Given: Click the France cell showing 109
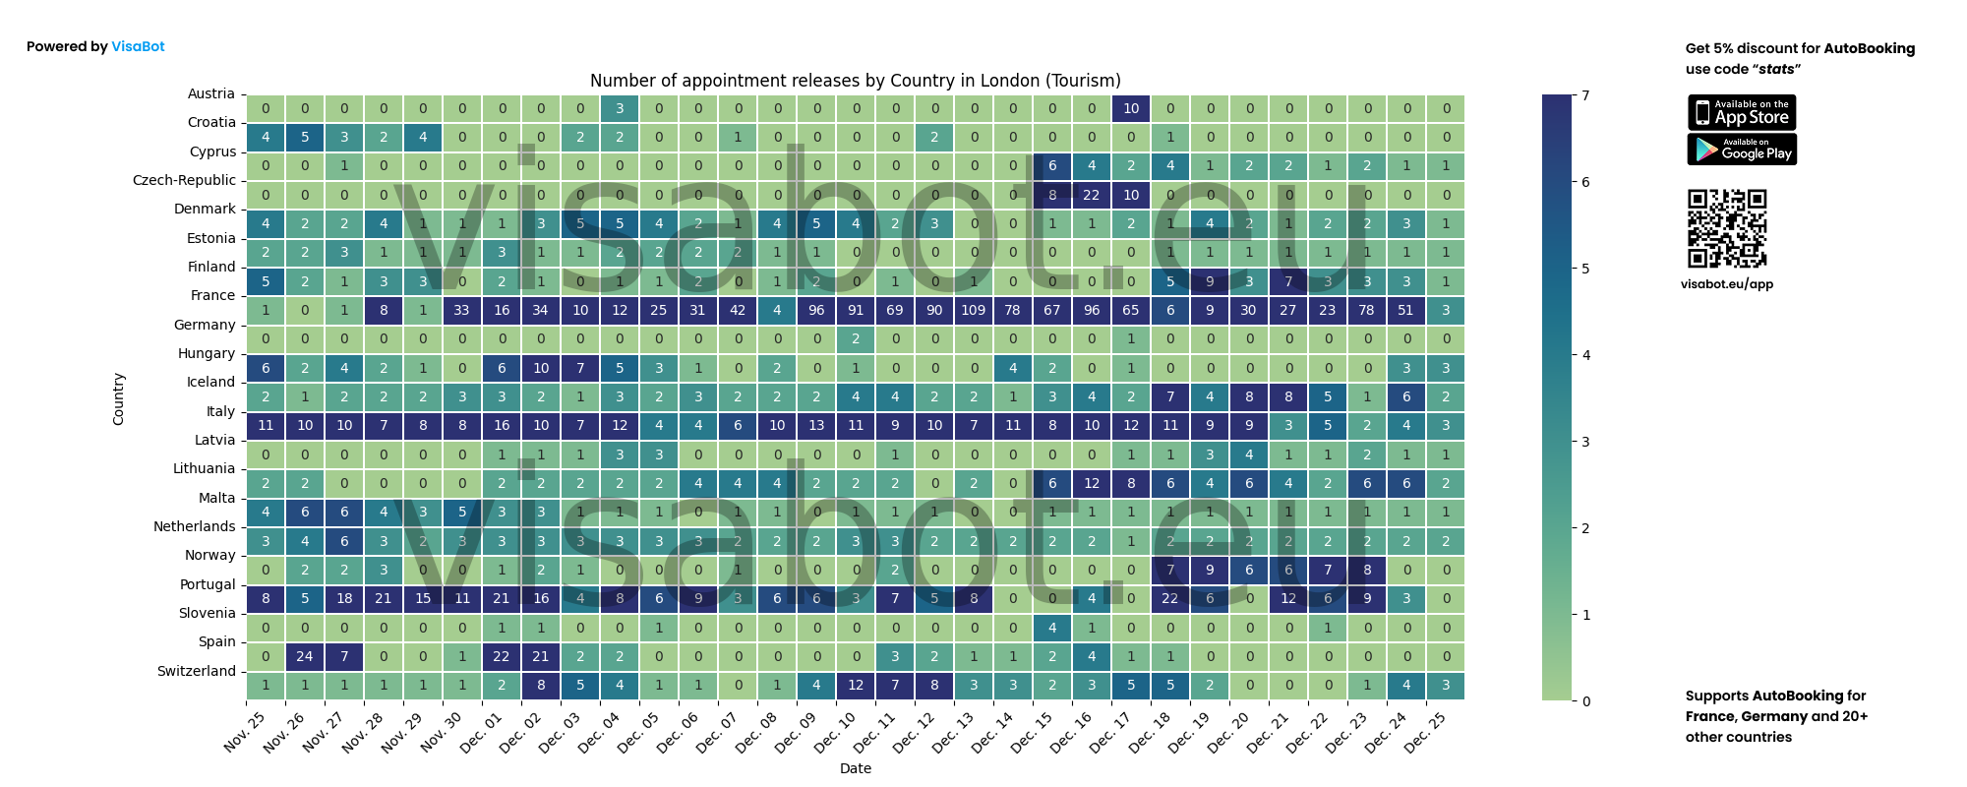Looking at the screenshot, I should (974, 310).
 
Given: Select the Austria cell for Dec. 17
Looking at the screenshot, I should (1131, 108).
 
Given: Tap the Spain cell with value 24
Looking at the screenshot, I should (305, 656).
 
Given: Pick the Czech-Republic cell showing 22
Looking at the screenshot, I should (1092, 195).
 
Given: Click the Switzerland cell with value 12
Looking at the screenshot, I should (856, 685).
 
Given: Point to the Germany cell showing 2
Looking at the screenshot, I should (856, 338).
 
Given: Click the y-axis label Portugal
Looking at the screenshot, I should (208, 584).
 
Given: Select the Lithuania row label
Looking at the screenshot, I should (205, 468).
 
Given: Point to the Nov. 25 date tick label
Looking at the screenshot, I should (245, 733).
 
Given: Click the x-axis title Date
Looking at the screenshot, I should (855, 768).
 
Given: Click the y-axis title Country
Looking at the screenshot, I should (118, 398).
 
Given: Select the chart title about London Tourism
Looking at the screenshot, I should (855, 81).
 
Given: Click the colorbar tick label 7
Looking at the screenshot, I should (1585, 95).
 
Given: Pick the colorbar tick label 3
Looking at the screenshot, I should (1585, 442).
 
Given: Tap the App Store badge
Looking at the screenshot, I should (1742, 112).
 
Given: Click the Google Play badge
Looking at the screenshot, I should (1742, 150).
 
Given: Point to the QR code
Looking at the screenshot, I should (1727, 228).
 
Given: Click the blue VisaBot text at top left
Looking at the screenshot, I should (138, 46).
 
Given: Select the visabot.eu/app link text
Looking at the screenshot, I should (1727, 284).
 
